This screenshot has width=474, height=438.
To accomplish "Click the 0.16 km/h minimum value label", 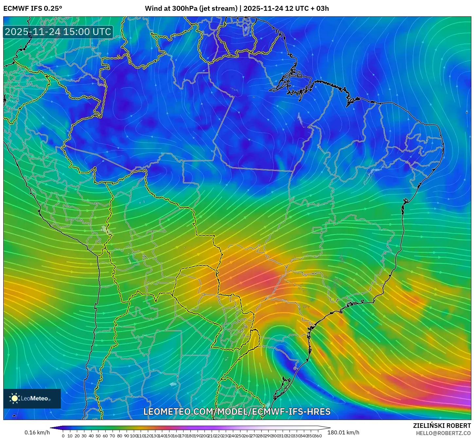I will point(37,432).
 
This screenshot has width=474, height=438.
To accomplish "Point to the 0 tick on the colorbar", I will point(63,436).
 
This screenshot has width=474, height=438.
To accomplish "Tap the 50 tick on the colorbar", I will point(98,436).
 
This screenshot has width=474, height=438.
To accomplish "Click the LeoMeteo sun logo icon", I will point(14,398).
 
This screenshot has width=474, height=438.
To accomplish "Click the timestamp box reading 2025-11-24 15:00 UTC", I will point(58,32).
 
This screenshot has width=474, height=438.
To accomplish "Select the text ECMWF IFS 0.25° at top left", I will point(33,9).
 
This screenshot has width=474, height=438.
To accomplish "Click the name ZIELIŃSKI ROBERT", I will point(442,426).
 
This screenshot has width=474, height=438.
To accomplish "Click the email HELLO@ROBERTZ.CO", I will point(443,433).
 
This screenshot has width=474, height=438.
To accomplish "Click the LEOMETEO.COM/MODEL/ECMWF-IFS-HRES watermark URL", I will point(237,411).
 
